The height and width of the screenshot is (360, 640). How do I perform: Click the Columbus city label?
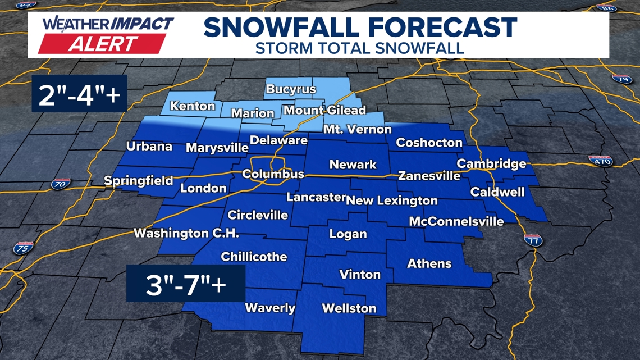coord(273,174)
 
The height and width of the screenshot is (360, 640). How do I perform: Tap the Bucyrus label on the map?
coord(291,89)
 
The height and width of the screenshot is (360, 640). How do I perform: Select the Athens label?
coord(429,263)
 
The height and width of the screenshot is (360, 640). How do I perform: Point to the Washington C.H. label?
coord(186,233)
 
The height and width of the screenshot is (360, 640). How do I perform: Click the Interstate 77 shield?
coord(533,240)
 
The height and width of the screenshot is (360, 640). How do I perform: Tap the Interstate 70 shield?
coord(60,183)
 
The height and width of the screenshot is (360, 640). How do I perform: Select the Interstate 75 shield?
coord(23,248)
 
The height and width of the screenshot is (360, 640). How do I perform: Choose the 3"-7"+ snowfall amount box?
coord(186,285)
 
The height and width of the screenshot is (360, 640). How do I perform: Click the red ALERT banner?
coord(102,44)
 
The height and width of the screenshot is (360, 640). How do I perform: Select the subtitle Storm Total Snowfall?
coord(359,48)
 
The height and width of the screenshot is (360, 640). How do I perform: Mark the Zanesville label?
coord(429,176)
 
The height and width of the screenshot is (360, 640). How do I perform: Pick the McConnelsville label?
coord(456,221)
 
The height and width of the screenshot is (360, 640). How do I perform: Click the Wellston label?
coord(349,308)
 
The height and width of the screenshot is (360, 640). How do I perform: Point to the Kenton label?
coord(193,106)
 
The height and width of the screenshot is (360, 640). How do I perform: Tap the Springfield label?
coord(139,181)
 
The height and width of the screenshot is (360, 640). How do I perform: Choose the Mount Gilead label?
coord(324,110)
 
